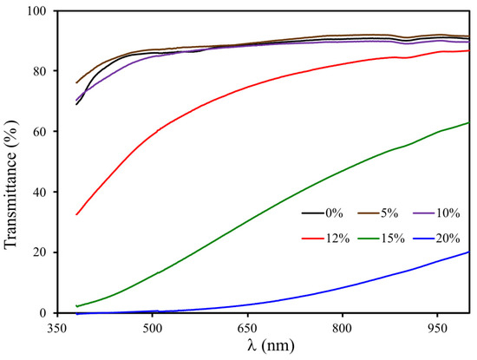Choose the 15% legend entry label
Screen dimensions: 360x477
click(393, 234)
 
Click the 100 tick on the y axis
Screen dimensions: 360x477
click(38, 11)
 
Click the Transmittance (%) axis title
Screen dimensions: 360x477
click(12, 161)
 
